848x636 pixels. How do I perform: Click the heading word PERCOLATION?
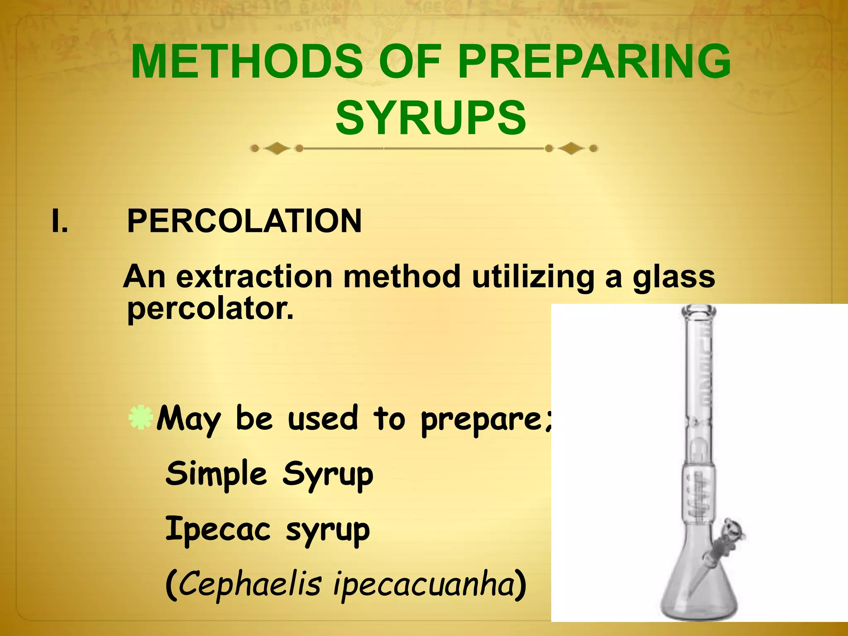coord(244,221)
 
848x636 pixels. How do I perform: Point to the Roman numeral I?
coord(60,221)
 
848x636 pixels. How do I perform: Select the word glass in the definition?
coord(673,277)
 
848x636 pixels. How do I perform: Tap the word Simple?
coord(216,474)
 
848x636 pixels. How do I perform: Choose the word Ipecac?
coord(218,530)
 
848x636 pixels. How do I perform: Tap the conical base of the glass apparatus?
coord(699,592)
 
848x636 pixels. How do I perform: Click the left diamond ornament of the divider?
coord(277,148)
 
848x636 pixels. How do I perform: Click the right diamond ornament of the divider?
coord(571,148)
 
